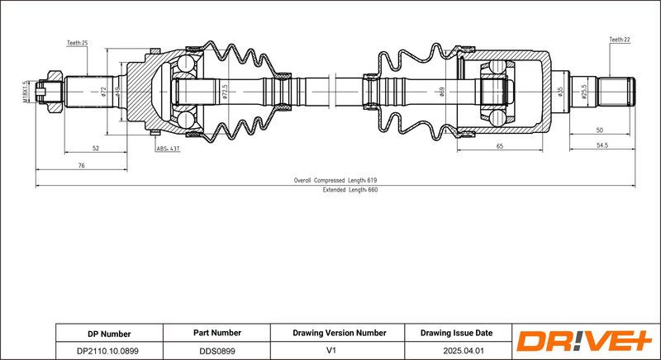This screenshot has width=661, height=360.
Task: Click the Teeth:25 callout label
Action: click(x=77, y=43)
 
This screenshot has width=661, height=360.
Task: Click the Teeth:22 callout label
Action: click(x=620, y=40)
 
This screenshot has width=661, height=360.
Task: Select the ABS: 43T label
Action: click(x=169, y=149)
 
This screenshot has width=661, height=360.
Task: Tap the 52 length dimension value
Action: click(x=96, y=148)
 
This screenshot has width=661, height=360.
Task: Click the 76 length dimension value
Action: click(x=81, y=165)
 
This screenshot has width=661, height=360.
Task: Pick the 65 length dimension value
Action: click(x=500, y=146)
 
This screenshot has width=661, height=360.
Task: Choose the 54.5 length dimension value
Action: click(x=602, y=145)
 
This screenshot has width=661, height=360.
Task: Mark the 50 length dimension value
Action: click(x=600, y=130)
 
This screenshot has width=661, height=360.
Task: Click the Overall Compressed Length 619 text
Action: click(x=335, y=180)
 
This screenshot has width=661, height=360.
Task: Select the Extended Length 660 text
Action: click(x=350, y=190)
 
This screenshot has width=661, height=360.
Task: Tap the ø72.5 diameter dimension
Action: click(x=225, y=92)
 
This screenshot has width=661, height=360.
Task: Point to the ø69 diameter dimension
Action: click(x=442, y=92)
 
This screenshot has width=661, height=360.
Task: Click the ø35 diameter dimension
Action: click(x=560, y=92)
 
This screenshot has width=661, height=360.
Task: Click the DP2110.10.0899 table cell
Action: click(x=109, y=351)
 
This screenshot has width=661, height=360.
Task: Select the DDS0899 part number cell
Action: click(x=216, y=351)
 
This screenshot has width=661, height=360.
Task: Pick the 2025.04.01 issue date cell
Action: click(x=459, y=351)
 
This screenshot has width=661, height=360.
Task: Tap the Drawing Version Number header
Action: click(x=340, y=333)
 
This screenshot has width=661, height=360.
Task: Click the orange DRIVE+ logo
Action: click(x=584, y=341)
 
